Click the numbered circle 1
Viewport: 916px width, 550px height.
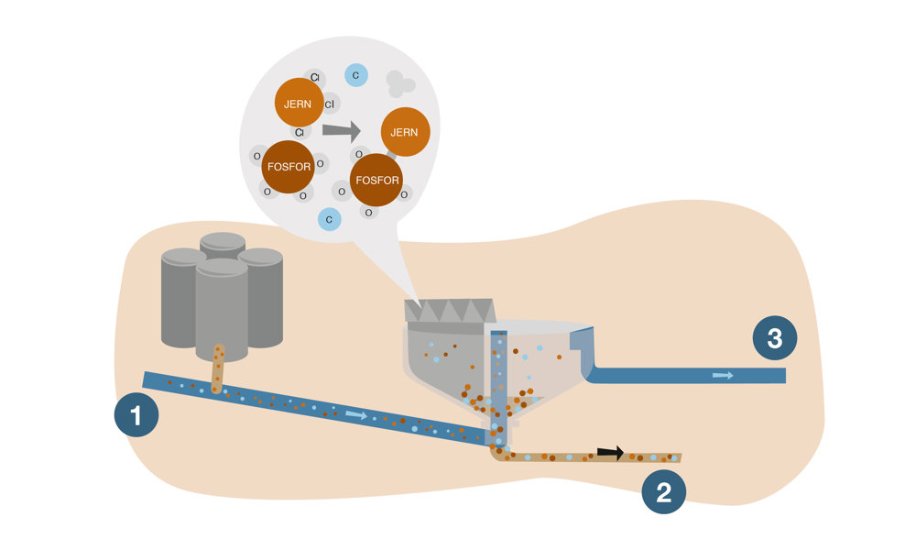(136, 417)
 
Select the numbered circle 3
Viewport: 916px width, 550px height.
(775, 338)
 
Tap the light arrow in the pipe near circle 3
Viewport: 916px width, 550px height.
(723, 375)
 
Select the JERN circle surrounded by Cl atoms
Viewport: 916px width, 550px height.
(298, 104)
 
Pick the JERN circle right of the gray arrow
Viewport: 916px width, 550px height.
(404, 132)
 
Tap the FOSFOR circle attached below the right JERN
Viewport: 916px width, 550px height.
(377, 180)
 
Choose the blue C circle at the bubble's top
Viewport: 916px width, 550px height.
(355, 74)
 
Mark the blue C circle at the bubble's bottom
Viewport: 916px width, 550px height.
(329, 219)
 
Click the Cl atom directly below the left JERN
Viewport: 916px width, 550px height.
(299, 133)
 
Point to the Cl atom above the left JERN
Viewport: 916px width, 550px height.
(314, 77)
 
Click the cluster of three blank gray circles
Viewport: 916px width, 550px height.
(399, 84)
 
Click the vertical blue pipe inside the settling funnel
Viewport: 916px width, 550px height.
(497, 376)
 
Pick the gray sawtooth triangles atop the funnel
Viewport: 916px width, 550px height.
(450, 312)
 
